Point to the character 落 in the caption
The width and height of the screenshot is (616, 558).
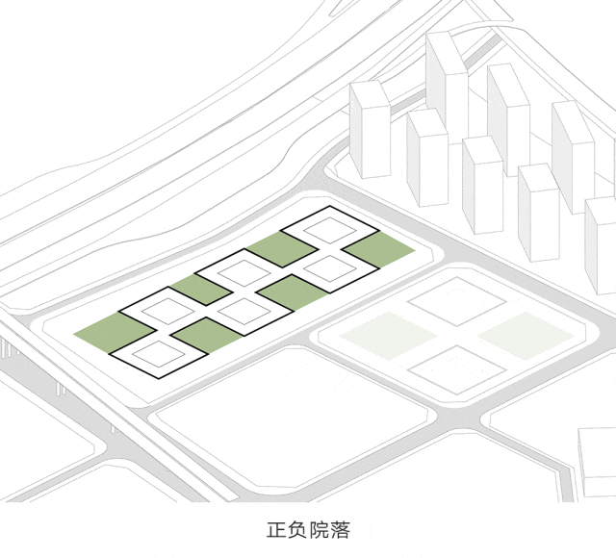[341, 530]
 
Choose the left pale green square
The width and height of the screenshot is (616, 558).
[394, 334]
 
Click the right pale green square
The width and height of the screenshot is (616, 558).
[520, 334]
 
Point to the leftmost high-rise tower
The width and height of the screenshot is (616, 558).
[369, 131]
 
